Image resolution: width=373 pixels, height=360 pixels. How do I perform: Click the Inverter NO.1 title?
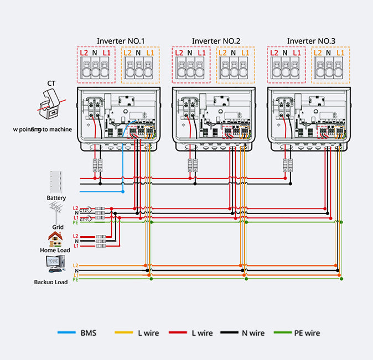click(x=121, y=41)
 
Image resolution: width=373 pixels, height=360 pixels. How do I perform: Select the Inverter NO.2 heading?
click(x=216, y=41)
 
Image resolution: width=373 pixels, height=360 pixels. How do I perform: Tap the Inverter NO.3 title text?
click(x=311, y=41)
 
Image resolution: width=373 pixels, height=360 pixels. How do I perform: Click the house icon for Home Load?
click(x=55, y=239)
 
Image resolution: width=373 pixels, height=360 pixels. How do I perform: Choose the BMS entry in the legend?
click(x=87, y=333)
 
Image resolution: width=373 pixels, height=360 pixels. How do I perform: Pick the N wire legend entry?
click(x=252, y=333)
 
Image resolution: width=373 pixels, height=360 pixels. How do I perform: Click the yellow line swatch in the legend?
click(x=123, y=333)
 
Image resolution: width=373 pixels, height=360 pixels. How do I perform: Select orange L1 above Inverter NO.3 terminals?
click(x=340, y=53)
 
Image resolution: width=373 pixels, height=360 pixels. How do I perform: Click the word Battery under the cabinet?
click(x=56, y=198)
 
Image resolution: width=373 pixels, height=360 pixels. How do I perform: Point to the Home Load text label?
click(x=56, y=251)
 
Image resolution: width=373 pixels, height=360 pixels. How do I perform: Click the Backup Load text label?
click(x=51, y=282)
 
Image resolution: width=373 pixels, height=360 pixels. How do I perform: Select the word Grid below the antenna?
click(x=58, y=227)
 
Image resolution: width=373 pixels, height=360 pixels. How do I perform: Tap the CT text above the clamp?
click(x=51, y=83)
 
